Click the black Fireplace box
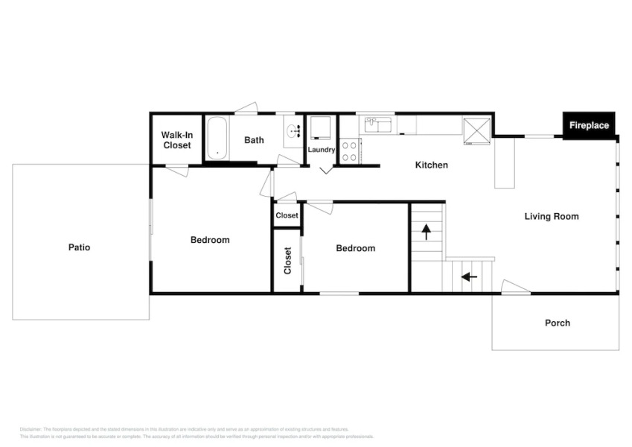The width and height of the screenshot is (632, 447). click(589, 125)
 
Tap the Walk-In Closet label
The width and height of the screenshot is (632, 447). click(176, 140)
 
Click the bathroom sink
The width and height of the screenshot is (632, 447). click(293, 132)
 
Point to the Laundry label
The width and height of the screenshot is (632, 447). click(322, 150)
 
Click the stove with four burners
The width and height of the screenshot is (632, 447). click(350, 151)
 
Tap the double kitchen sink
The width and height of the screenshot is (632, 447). click(379, 124)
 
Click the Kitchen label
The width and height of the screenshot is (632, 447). click(431, 165)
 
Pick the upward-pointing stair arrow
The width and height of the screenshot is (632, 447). click(426, 232)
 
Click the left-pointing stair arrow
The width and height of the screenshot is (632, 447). click(469, 277)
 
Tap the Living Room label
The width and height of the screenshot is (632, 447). click(551, 217)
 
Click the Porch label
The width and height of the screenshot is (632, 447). click(557, 323)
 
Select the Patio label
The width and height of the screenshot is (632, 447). click(79, 247)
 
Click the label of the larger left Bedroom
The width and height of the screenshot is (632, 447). click(210, 240)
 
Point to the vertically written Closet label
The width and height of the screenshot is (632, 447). click(287, 261)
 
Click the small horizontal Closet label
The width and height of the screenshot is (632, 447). click(287, 215)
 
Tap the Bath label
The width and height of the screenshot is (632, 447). click(254, 140)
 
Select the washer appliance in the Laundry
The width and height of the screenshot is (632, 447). click(320, 127)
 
